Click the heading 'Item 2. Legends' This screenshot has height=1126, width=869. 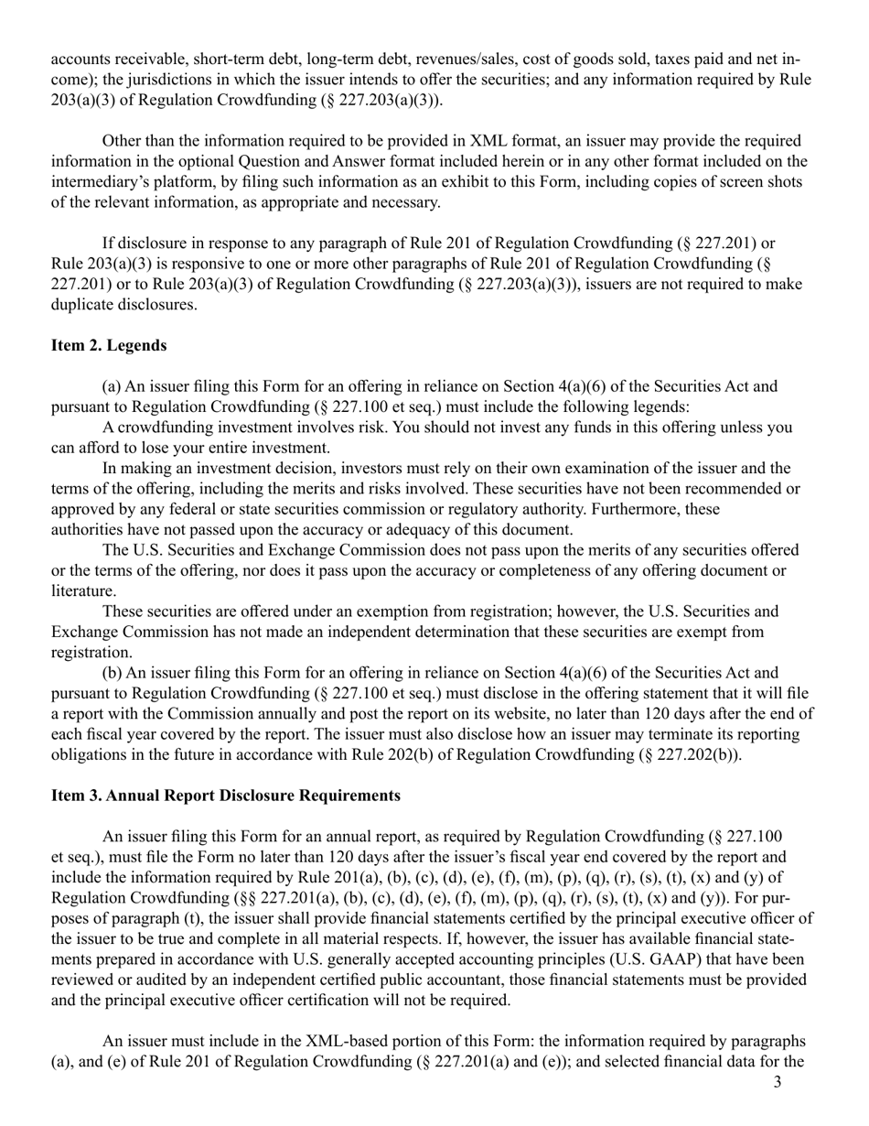tap(109, 345)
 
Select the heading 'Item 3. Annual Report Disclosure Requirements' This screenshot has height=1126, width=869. tap(225, 796)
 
